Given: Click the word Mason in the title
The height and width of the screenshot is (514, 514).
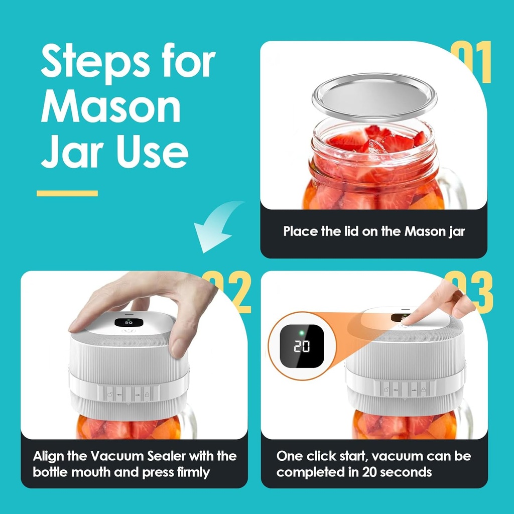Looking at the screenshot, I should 110,107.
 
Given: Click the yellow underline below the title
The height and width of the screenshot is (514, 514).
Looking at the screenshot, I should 67,193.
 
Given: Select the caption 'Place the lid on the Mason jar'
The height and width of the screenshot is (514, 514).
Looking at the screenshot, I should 374,232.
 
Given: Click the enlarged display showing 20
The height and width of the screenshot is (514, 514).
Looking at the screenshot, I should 302,346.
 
